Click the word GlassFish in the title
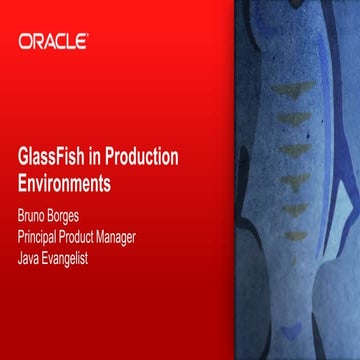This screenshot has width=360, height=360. point(52,159)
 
